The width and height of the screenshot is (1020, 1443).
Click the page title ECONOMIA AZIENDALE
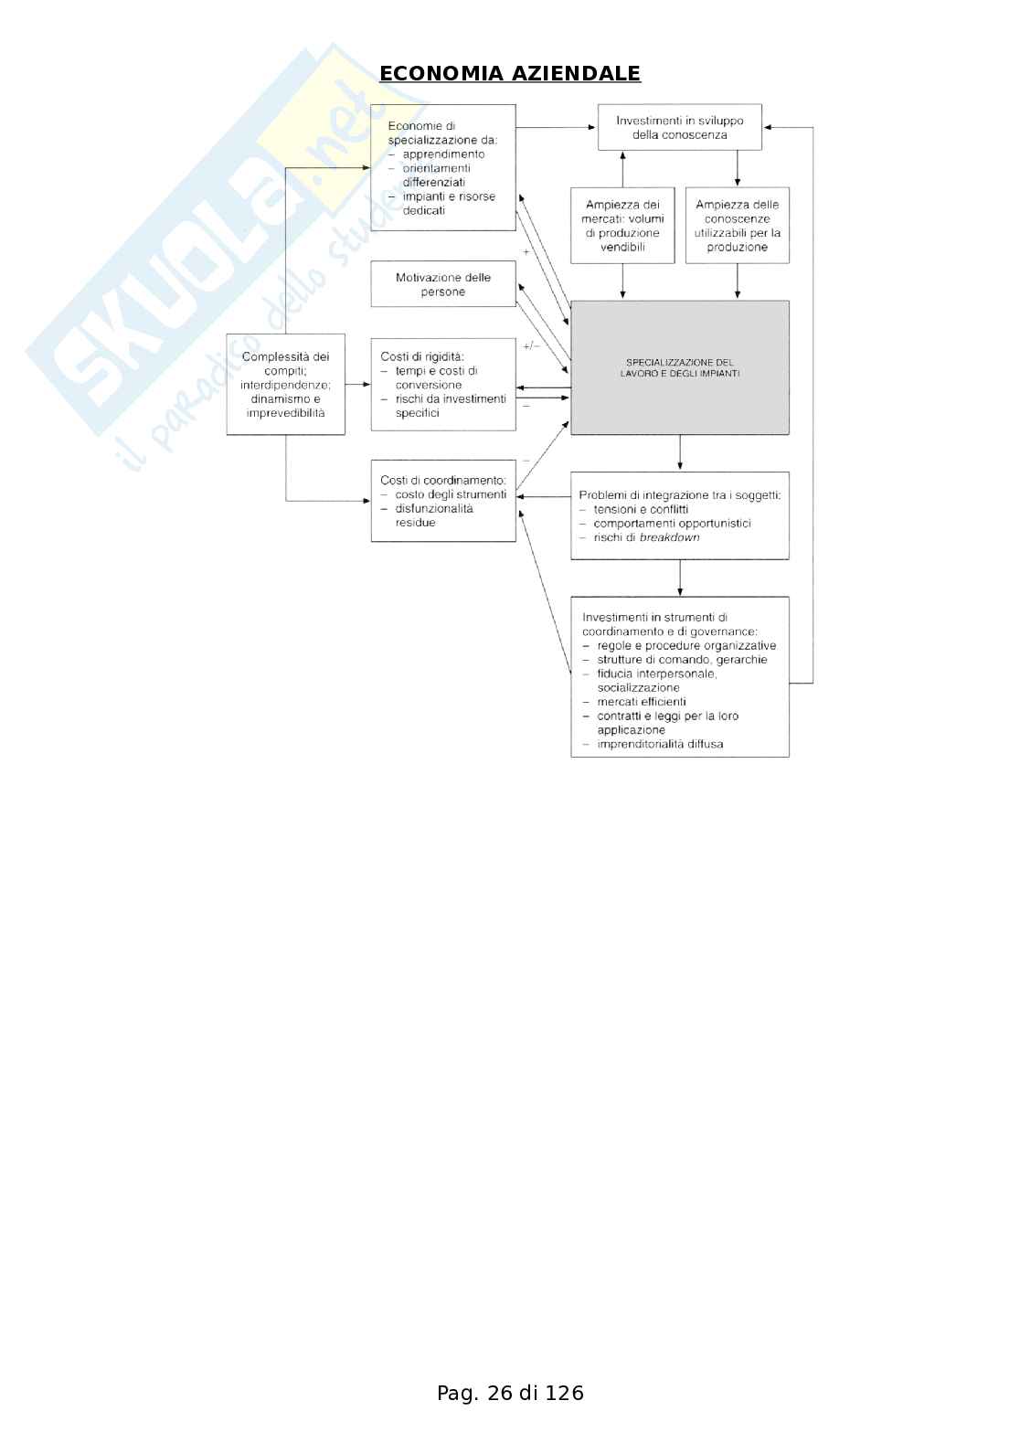point(510,74)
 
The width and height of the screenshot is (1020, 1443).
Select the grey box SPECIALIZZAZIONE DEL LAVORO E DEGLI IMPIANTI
point(680,367)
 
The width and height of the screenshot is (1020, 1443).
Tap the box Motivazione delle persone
point(443,284)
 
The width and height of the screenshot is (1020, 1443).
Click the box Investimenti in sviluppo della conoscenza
point(679,127)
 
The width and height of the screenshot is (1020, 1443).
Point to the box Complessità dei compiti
point(285,384)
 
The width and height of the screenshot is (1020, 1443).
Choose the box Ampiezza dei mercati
point(622,226)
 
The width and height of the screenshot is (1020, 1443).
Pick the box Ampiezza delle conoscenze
point(737,226)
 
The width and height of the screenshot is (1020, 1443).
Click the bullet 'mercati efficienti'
point(641,702)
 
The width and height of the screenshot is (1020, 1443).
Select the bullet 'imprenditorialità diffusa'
point(660,744)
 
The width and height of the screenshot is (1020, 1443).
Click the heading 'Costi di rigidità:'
point(422,356)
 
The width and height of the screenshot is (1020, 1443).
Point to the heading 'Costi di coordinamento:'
point(443,480)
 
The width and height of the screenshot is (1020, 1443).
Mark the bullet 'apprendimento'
point(443,154)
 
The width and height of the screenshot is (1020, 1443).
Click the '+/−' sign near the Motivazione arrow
point(531,346)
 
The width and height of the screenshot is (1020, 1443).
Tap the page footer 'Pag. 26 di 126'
point(510,1393)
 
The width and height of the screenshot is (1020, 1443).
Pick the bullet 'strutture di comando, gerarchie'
point(682,660)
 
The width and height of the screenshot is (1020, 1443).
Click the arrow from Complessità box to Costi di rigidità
point(358,385)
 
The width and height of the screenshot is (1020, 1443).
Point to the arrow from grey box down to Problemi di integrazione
point(680,453)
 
